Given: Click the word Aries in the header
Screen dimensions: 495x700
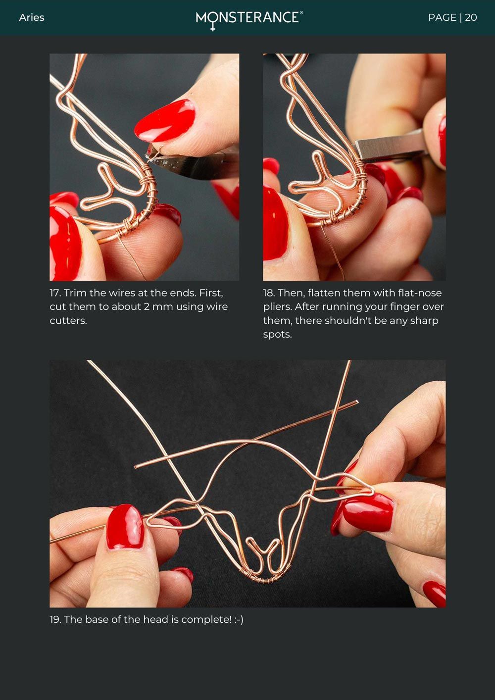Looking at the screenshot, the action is (x=32, y=17).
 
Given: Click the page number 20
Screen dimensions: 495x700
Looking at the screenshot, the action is (x=471, y=17).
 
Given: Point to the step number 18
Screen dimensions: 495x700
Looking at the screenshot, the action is (x=269, y=293).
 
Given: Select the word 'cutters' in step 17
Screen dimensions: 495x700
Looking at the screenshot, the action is (x=67, y=321).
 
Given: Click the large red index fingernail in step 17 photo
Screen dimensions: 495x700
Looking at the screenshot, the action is (x=165, y=120).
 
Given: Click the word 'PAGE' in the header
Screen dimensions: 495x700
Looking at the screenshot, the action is (x=442, y=17).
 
